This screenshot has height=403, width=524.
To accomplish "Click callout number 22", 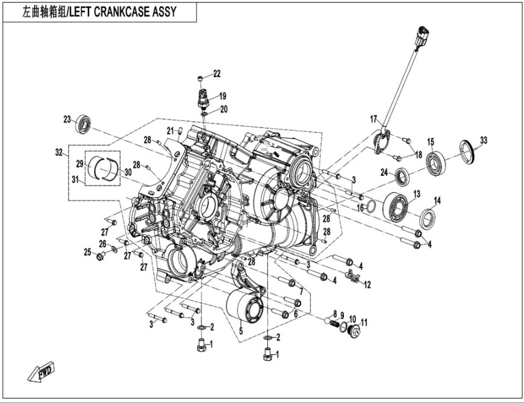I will coord(217,74).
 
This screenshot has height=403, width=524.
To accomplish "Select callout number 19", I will coord(222,96).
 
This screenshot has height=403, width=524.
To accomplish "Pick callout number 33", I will coord(483,140).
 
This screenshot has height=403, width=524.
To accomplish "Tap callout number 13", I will coord(416,193).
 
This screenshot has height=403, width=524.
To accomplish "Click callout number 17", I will coord(373,118).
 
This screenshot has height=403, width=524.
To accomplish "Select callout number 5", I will coord(240,331).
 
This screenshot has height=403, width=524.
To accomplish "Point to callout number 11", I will coord(363,323).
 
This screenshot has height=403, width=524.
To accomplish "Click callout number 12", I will coord(367,284).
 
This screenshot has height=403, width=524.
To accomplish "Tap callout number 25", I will coord(87,251).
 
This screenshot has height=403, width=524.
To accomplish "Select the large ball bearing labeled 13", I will coord(396,208).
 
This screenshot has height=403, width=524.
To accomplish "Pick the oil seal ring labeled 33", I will coord(467,151).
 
